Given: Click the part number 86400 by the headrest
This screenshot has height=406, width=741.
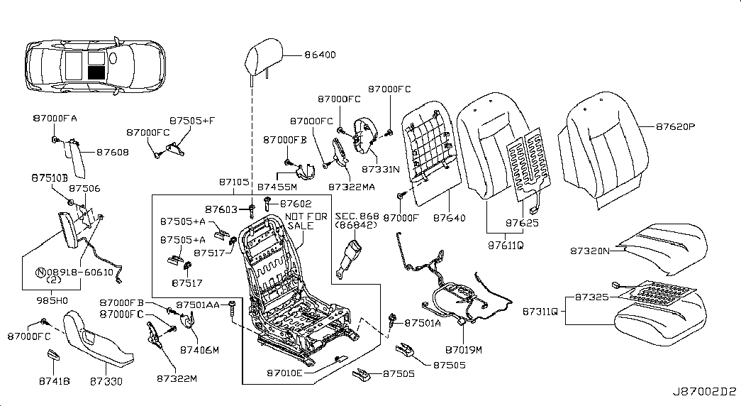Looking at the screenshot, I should coord(321,55).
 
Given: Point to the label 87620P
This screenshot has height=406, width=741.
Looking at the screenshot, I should coord(675,127).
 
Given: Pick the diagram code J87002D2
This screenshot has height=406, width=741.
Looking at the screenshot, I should coord(704,391).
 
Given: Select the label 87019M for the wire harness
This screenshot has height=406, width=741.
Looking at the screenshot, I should coord(464,349).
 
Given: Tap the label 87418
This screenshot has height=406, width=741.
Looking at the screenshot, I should coord(54,381).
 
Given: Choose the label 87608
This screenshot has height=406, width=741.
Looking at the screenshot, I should coord(113,152).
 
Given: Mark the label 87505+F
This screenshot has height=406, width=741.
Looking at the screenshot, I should coord(191,121).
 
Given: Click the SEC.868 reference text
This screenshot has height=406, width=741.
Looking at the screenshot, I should coord(357,216).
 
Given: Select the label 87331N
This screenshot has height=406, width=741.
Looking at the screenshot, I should coord(381,170).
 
